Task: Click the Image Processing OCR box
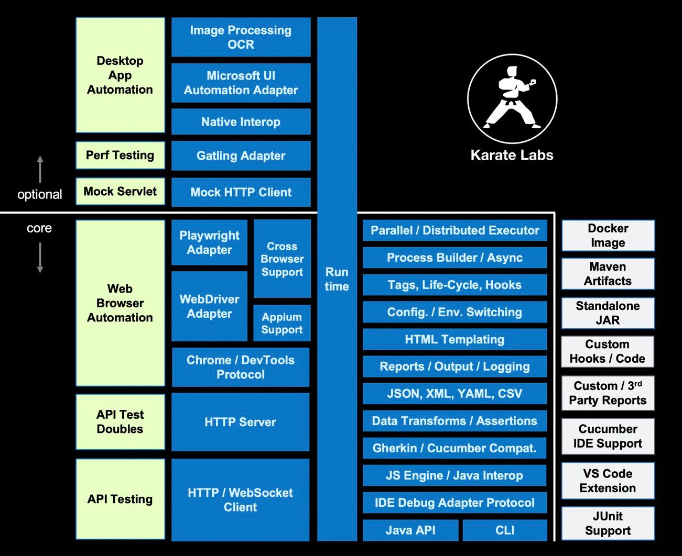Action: (241, 37)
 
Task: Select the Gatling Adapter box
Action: (241, 155)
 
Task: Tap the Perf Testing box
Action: (120, 155)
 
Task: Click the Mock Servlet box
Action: (120, 191)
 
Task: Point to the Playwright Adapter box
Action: (209, 242)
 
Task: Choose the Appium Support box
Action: (282, 323)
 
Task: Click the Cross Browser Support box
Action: (282, 259)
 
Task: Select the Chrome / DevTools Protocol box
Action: (241, 367)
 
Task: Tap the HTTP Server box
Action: (240, 421)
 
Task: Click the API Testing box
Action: (120, 499)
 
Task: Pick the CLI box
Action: (505, 530)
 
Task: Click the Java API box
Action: (410, 530)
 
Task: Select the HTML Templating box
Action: (454, 339)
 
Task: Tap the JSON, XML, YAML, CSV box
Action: (454, 394)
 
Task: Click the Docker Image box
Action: (608, 236)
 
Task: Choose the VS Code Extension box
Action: (608, 481)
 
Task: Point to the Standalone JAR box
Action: (608, 313)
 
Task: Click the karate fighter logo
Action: (512, 98)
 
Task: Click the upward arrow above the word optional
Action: (40, 169)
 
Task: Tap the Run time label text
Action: (337, 279)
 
